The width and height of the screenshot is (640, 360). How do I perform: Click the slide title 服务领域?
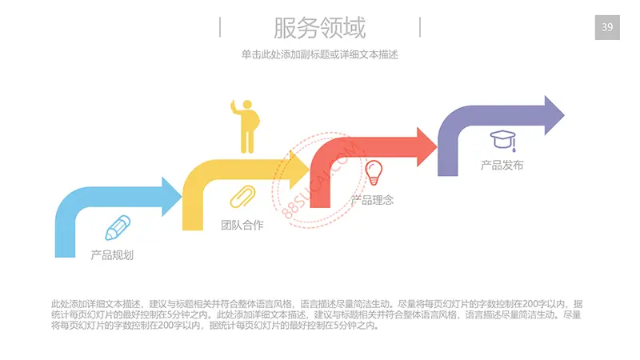[x=319, y=28]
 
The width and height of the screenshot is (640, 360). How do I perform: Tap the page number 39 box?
[x=607, y=28]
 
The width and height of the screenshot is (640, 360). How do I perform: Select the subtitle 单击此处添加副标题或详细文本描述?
[x=319, y=55]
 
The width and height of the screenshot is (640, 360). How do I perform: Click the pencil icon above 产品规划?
[x=118, y=228]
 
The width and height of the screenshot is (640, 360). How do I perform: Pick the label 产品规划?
[x=112, y=255]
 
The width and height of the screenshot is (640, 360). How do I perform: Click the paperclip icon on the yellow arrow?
[x=242, y=197]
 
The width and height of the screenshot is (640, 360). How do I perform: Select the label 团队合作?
[x=242, y=225]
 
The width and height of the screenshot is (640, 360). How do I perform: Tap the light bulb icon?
[x=374, y=171]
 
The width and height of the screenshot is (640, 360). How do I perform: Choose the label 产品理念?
[x=373, y=199]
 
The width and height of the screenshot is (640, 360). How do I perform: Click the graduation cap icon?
[x=503, y=141]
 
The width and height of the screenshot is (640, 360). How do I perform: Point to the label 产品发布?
[x=502, y=166]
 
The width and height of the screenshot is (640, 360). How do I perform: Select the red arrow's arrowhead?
[x=424, y=146]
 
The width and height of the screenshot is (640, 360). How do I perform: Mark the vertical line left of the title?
[x=220, y=28]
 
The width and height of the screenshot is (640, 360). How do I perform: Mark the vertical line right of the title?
[x=420, y=28]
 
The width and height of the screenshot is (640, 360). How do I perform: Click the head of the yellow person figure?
[x=247, y=106]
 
